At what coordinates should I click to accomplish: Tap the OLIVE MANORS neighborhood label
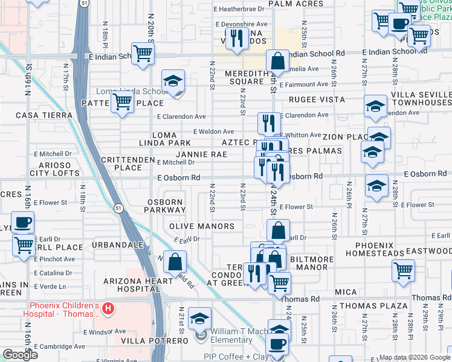click(201, 226)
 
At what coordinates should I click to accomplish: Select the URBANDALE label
click(118, 245)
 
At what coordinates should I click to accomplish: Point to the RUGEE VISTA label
click(317, 100)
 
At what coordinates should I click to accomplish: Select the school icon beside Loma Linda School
click(173, 81)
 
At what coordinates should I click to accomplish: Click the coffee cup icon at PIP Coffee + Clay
click(277, 345)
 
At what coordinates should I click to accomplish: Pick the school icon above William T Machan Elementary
click(199, 317)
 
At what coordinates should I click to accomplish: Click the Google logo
click(20, 355)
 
